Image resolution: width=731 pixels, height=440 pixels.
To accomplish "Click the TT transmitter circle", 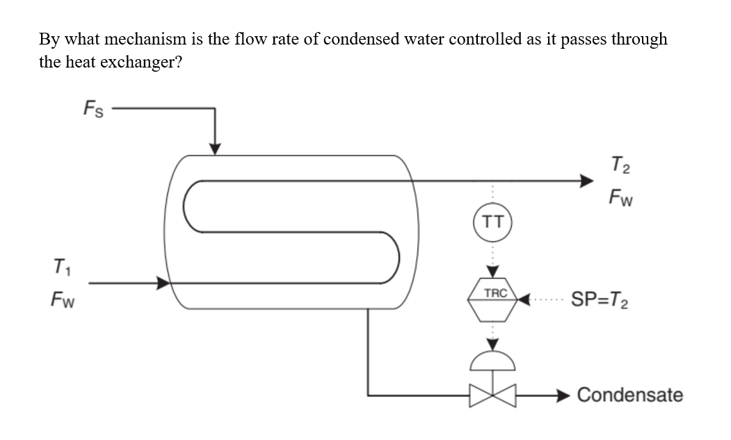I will coord(492,222).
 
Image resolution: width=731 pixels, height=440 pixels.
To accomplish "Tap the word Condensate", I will coord(629,395).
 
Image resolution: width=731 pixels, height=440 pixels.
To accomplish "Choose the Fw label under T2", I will coord(618,198).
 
